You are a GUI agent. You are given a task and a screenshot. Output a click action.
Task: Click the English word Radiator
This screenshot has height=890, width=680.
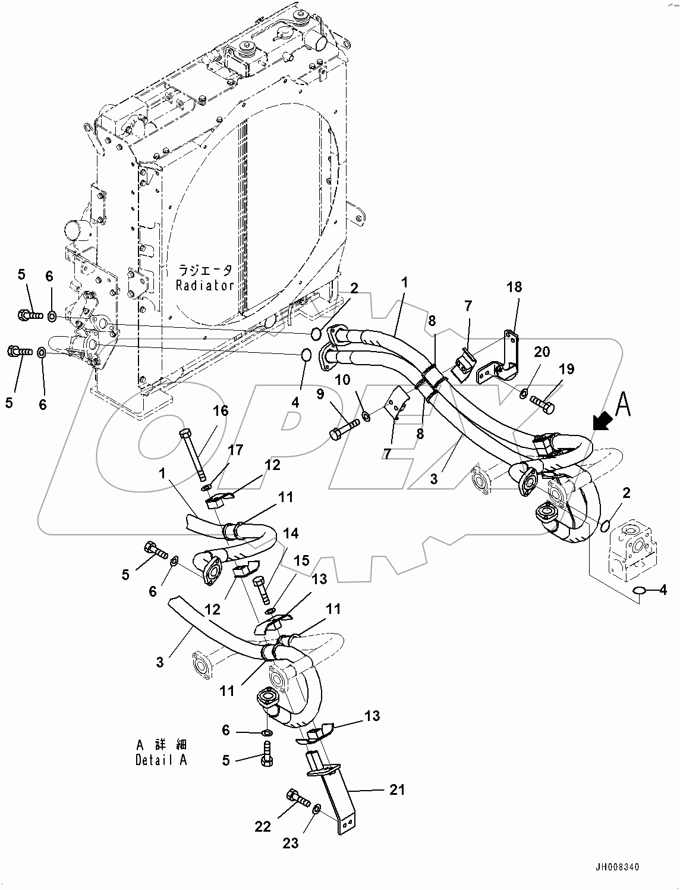tap(204, 286)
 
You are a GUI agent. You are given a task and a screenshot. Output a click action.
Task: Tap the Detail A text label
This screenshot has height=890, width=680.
tap(161, 760)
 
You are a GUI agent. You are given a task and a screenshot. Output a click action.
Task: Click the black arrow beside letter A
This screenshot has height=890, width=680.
tap(603, 421)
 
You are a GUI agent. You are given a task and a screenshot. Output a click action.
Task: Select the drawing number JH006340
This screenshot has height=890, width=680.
tap(615, 867)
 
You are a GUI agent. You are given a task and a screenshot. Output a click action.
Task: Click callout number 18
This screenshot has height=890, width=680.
tap(514, 287)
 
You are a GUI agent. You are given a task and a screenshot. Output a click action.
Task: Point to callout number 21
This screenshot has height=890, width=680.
tap(397, 789)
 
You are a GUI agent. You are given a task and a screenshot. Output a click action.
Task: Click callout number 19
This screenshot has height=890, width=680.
tap(566, 369)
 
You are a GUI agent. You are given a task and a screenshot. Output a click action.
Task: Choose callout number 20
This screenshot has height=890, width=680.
tap(541, 352)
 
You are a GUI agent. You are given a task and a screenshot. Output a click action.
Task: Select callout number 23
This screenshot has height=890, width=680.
tap(291, 843)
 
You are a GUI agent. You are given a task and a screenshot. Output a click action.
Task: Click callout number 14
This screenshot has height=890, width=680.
tap(291, 533)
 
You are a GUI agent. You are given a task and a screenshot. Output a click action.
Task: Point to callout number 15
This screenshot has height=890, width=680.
tap(301, 560)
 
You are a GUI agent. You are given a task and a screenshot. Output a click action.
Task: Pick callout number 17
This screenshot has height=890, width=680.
tap(235, 450)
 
